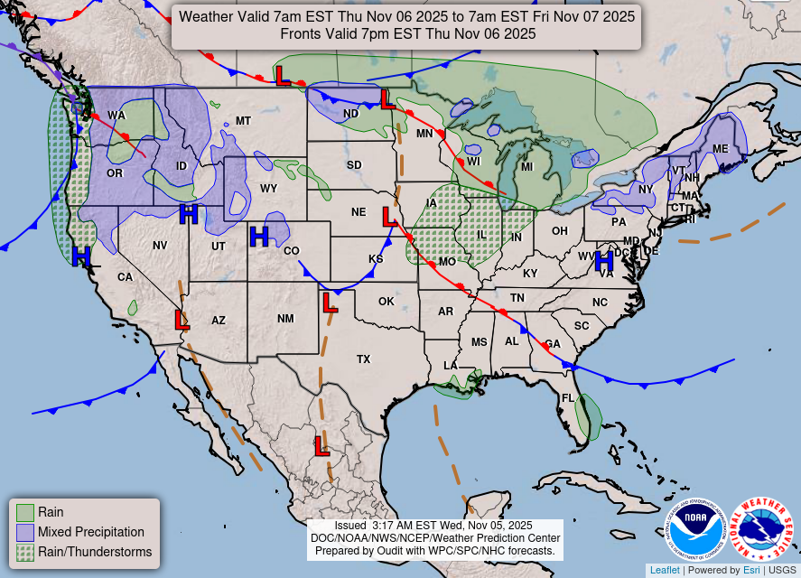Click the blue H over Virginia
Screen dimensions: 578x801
[604, 260]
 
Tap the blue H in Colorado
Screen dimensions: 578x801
[259, 237]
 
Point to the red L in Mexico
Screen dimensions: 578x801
[321, 444]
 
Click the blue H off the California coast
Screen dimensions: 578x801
[81, 256]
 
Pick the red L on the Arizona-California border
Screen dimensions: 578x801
[182, 319]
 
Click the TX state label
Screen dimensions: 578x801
[363, 359]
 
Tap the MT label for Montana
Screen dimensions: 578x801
[243, 121]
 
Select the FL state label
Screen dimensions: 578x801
[568, 397]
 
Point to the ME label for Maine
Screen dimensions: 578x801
[720, 149]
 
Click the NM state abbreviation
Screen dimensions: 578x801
[285, 319]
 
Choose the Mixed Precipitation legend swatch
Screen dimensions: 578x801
[24, 532]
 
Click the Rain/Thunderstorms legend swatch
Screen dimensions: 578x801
[24, 552]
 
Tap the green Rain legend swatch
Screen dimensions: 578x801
[24, 512]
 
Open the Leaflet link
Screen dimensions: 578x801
[665, 570]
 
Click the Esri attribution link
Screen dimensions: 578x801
[751, 570]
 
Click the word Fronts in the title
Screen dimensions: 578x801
[301, 34]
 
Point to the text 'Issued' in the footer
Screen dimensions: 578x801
[349, 525]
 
